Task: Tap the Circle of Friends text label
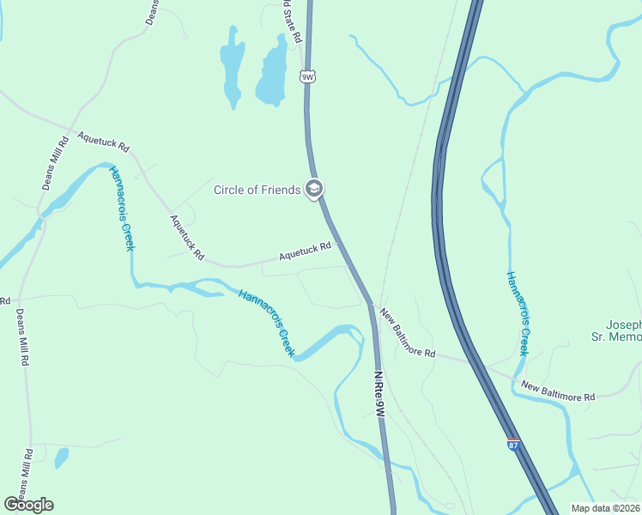click(257, 190)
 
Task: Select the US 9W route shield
click(308, 77)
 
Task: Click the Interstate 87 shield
click(513, 445)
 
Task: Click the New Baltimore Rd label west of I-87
click(408, 334)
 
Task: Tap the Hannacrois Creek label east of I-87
click(516, 313)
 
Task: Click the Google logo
click(28, 505)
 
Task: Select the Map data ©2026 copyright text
click(605, 508)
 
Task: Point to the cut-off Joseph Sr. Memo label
click(624, 331)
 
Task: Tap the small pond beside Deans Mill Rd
click(61, 457)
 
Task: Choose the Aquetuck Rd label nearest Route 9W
click(305, 252)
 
